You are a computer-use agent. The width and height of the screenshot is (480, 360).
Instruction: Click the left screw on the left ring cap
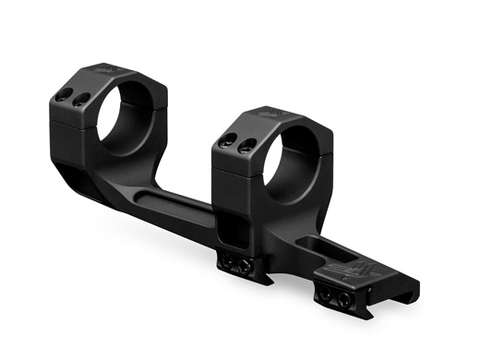(62, 95)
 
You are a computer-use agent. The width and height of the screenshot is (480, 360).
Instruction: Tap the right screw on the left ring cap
(78, 100)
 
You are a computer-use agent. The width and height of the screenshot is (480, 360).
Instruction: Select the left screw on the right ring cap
(228, 141)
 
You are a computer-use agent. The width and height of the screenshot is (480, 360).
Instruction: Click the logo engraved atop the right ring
(265, 115)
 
